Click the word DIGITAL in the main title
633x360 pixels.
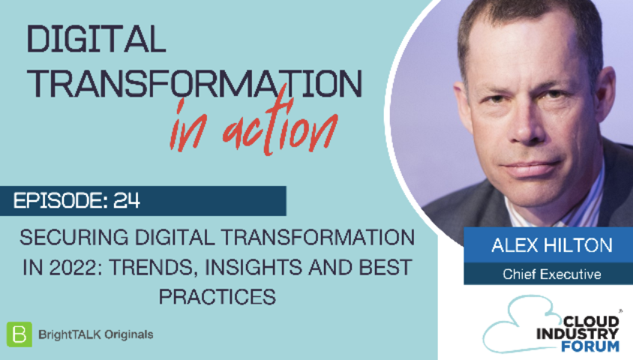click(x=96, y=39)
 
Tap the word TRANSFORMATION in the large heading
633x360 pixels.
click(x=194, y=83)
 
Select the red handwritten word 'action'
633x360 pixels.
click(x=280, y=124)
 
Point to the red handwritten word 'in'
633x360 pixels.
click(x=189, y=126)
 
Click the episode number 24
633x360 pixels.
click(x=126, y=200)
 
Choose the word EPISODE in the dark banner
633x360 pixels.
click(x=58, y=200)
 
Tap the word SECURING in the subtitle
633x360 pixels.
click(x=74, y=237)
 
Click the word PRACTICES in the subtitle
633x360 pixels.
click(x=217, y=297)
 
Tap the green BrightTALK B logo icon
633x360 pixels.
click(x=19, y=334)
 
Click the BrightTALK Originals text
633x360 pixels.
click(x=96, y=334)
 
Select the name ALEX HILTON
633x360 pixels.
click(x=552, y=245)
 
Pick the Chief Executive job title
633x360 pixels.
click(x=552, y=274)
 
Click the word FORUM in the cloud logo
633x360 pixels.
click(x=589, y=346)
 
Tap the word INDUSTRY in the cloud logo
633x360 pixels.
click(x=577, y=334)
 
